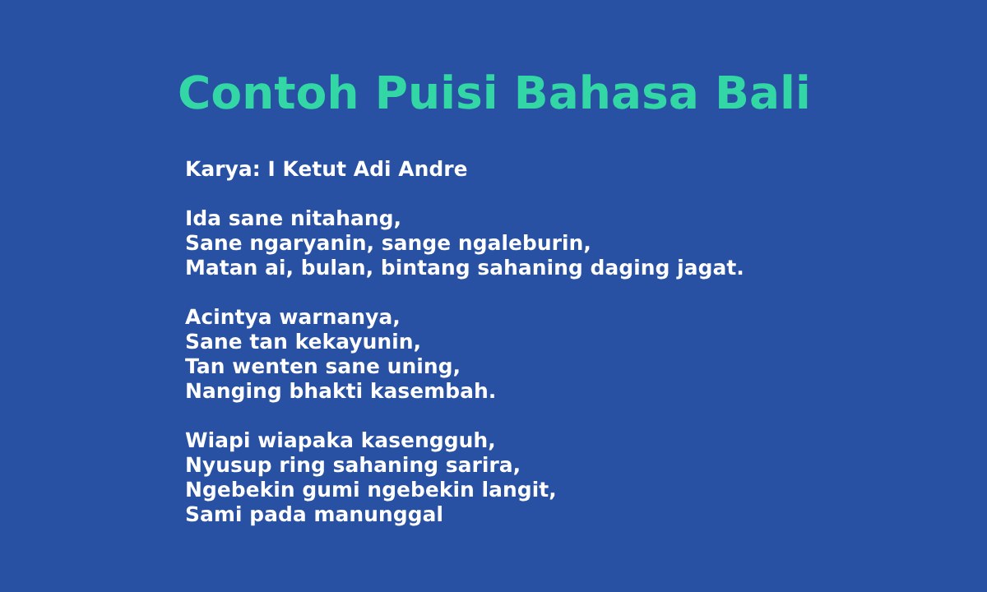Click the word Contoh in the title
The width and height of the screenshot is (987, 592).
[268, 93]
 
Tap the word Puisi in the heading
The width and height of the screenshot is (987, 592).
[437, 92]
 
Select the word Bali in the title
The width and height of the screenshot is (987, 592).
[763, 92]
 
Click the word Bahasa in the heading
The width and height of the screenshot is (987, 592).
[606, 93]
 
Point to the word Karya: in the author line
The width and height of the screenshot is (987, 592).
[223, 169]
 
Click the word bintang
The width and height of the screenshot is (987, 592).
[425, 268]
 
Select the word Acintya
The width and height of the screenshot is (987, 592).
[229, 317]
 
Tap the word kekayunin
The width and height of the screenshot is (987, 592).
[358, 342]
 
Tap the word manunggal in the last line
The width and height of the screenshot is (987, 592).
[378, 515]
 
